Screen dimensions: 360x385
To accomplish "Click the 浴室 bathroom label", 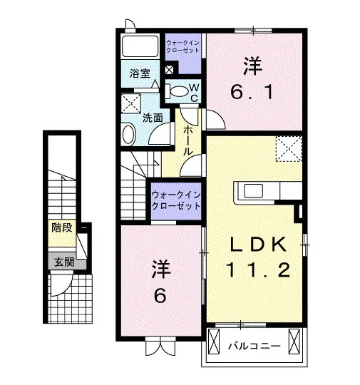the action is (x=140, y=73).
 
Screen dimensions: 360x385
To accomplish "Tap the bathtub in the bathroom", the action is (x=140, y=46).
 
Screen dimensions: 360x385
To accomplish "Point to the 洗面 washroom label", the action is (x=153, y=118).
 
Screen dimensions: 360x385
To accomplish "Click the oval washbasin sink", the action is (x=129, y=134).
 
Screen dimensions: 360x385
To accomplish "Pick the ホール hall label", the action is (x=187, y=140).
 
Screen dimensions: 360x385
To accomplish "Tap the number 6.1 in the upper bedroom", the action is (x=252, y=92).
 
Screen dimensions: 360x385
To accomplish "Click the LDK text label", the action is (x=258, y=245).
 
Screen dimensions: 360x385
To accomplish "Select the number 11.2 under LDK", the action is (x=258, y=269).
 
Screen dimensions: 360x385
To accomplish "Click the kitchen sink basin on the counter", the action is (x=253, y=190).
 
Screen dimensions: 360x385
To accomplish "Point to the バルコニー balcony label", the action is (x=254, y=346).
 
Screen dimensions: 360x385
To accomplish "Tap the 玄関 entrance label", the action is (x=64, y=262).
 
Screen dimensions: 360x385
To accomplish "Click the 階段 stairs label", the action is (x=62, y=228).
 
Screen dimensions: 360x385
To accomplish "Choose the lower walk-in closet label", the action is (x=176, y=200).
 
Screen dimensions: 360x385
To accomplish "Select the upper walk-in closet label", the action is (x=182, y=46).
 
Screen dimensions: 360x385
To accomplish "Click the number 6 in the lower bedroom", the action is (x=160, y=296).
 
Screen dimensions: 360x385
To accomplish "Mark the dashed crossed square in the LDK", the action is (x=289, y=149).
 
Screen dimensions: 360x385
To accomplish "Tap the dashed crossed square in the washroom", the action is (x=131, y=103).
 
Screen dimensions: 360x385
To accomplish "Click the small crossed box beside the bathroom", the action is (x=169, y=70).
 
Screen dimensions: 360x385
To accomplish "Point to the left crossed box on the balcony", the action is (x=214, y=342).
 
